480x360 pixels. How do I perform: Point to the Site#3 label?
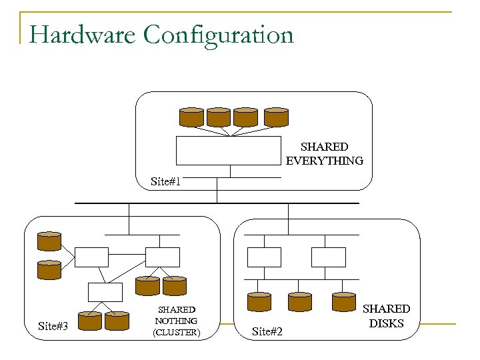click(x=56, y=326)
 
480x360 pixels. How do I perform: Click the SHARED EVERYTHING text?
click(x=324, y=153)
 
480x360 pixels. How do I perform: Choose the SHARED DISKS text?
click(x=386, y=316)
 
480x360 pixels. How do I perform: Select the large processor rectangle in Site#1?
click(x=229, y=151)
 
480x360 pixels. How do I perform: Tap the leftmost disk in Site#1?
click(x=191, y=117)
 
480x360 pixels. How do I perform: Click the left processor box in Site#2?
click(x=264, y=257)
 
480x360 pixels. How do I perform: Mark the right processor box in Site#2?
click(x=329, y=257)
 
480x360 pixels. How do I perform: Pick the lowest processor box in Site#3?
click(x=106, y=292)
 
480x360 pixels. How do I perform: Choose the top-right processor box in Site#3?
click(x=163, y=257)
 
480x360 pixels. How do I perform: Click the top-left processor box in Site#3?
click(x=91, y=257)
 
